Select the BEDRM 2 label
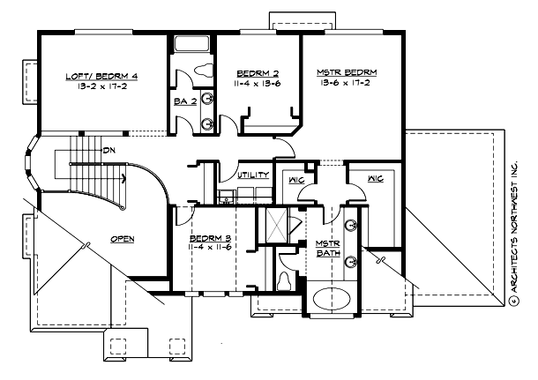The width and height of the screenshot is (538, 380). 258,73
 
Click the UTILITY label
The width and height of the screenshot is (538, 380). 253,176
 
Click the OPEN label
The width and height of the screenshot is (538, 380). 122,239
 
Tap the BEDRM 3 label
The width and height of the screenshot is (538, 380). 210,239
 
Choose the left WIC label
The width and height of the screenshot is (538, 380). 294,181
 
